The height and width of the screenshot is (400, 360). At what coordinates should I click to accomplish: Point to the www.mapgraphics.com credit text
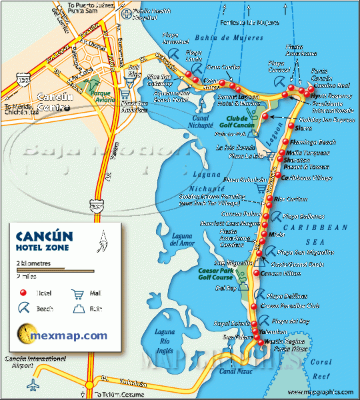pos(320,393)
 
